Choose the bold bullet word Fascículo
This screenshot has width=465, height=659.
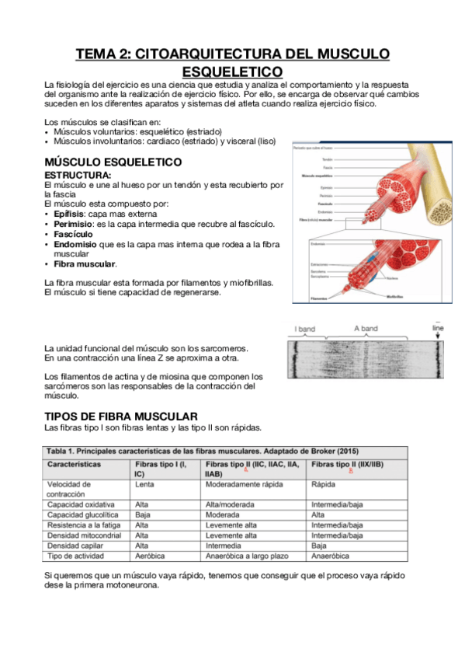pos(73,234)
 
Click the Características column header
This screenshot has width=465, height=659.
pos(75,464)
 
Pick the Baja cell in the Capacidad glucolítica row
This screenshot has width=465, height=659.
pos(143,514)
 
